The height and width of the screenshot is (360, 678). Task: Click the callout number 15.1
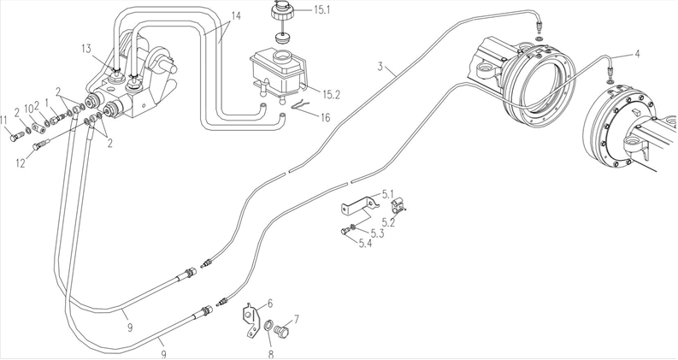click(x=321, y=9)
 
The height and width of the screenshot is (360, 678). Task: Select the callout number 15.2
click(x=331, y=94)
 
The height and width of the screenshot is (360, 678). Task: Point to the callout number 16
click(x=325, y=117)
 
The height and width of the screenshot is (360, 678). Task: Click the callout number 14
click(x=236, y=16)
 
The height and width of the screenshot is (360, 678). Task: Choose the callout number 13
click(x=86, y=49)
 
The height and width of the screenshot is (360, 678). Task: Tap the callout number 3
click(x=380, y=67)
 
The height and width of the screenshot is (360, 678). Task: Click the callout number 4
click(x=637, y=54)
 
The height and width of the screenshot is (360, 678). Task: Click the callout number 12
click(x=21, y=163)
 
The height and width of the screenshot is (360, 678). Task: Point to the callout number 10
click(x=28, y=109)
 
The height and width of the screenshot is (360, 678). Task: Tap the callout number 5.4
click(x=365, y=244)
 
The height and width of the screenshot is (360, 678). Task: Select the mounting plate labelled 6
click(x=251, y=319)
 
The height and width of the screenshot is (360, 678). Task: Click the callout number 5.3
click(x=377, y=234)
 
